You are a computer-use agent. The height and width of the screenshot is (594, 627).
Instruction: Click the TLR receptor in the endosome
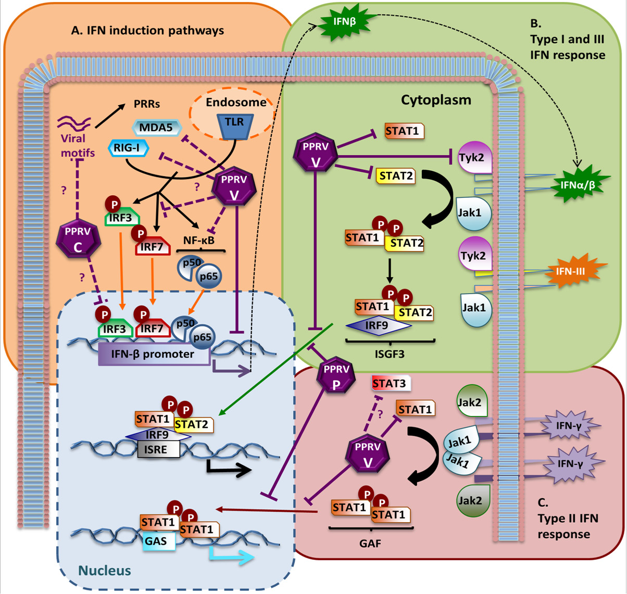[235, 127]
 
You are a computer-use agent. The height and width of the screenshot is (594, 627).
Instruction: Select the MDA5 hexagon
[157, 128]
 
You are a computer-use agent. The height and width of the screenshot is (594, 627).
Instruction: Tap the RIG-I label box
[128, 148]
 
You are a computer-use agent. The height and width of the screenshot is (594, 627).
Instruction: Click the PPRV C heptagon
[79, 238]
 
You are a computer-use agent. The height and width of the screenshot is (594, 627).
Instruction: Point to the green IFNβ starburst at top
[344, 22]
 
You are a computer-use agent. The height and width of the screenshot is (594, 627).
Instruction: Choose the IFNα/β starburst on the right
[578, 185]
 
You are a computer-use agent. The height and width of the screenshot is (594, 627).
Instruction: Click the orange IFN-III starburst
[571, 271]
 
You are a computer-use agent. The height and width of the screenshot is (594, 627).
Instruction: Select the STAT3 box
[391, 383]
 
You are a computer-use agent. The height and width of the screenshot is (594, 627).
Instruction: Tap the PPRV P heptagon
[336, 377]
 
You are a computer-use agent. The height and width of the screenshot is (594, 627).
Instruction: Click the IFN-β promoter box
[154, 354]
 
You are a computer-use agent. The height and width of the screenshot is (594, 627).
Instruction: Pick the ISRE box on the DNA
[158, 450]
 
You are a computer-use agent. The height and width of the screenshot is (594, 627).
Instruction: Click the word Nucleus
[105, 571]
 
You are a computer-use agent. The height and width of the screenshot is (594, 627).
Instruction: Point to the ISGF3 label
[390, 354]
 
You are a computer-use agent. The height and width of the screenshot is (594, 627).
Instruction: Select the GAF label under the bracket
[370, 544]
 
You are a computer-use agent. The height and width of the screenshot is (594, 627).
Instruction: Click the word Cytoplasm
[436, 100]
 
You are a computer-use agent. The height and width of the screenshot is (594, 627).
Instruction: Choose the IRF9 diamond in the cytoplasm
[378, 325]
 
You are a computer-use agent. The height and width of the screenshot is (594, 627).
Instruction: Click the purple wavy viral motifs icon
[74, 123]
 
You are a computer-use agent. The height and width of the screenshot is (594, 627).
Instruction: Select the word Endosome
[236, 103]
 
